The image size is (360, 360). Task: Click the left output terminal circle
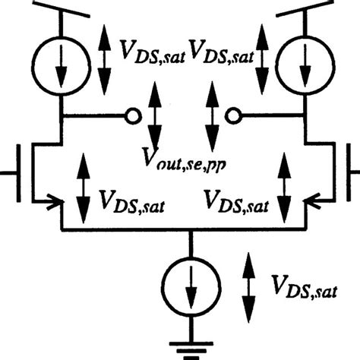pos(133,116)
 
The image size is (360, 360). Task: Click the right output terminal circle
pos(233,116)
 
